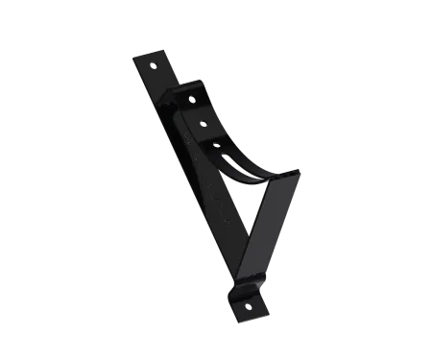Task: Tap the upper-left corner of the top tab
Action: (133, 54)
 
